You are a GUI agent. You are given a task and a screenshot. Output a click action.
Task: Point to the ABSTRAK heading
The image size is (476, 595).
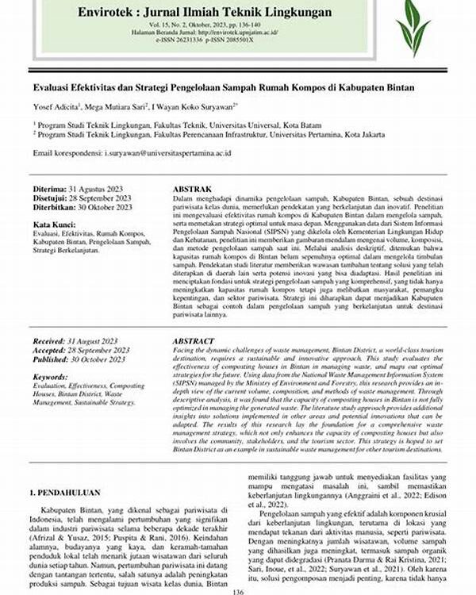[x=193, y=189]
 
